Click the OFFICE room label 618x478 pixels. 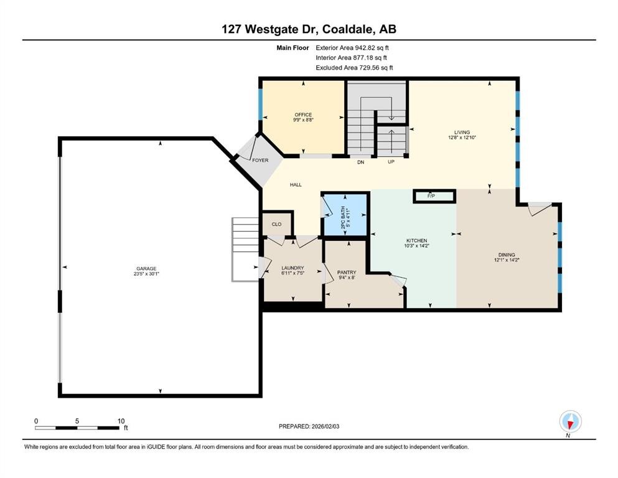(x=303, y=115)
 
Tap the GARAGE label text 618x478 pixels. (x=147, y=269)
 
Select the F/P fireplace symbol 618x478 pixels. (x=431, y=196)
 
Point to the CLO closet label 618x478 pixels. (x=277, y=224)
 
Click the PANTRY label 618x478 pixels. (x=346, y=272)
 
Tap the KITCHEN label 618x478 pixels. (x=416, y=240)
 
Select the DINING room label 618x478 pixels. (x=506, y=255)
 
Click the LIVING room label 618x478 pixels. (x=462, y=133)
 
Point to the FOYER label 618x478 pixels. (x=260, y=160)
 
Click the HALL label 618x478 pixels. (x=296, y=185)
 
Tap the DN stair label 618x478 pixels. (x=360, y=162)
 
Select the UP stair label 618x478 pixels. (x=391, y=162)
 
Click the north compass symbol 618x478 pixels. (x=570, y=423)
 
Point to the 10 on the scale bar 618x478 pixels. (x=121, y=421)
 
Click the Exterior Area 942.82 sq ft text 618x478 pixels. (x=352, y=47)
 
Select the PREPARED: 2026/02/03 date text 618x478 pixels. (x=314, y=426)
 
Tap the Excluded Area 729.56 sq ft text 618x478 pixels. (x=353, y=67)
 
